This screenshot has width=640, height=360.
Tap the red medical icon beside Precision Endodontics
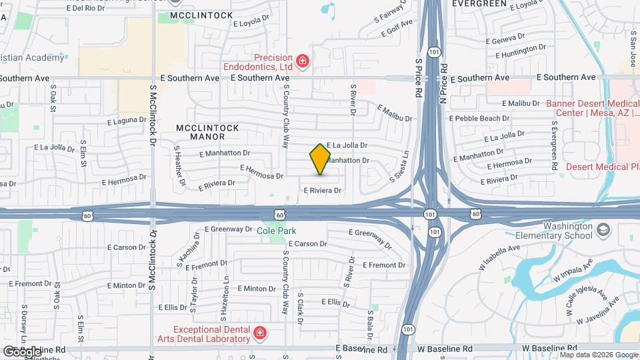click(x=303, y=62)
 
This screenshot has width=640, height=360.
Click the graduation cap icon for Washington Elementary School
click(x=603, y=230)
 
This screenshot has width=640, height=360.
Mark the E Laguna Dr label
click(x=127, y=121)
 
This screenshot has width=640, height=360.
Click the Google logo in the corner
click(x=21, y=351)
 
